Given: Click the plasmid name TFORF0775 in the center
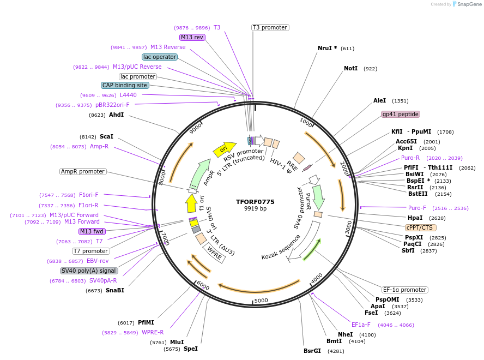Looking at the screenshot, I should tap(255, 202).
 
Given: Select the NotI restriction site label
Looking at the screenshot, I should tap(350, 69).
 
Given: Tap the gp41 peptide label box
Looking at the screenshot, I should tap(401, 115).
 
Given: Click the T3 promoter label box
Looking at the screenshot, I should tap(270, 27).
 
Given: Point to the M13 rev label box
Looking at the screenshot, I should tap(192, 37).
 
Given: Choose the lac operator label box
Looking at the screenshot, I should tap(159, 57).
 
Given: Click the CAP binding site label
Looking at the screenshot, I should tap(125, 85).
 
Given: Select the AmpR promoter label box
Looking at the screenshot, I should tap(83, 171).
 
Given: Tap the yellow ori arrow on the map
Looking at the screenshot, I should tap(224, 148).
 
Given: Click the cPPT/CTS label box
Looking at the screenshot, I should tap(421, 227).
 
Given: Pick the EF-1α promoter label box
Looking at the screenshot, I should tap(404, 290).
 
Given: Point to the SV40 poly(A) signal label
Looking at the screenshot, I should tap(89, 271).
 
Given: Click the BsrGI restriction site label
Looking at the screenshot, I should tap(312, 351).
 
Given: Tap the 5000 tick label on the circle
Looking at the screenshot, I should tap(261, 301).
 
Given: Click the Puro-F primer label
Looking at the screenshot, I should tap(418, 208).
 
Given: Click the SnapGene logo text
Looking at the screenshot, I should tap(469, 4).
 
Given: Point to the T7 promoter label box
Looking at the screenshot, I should tap(91, 251).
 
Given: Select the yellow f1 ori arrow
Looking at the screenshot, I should tap(191, 203).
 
